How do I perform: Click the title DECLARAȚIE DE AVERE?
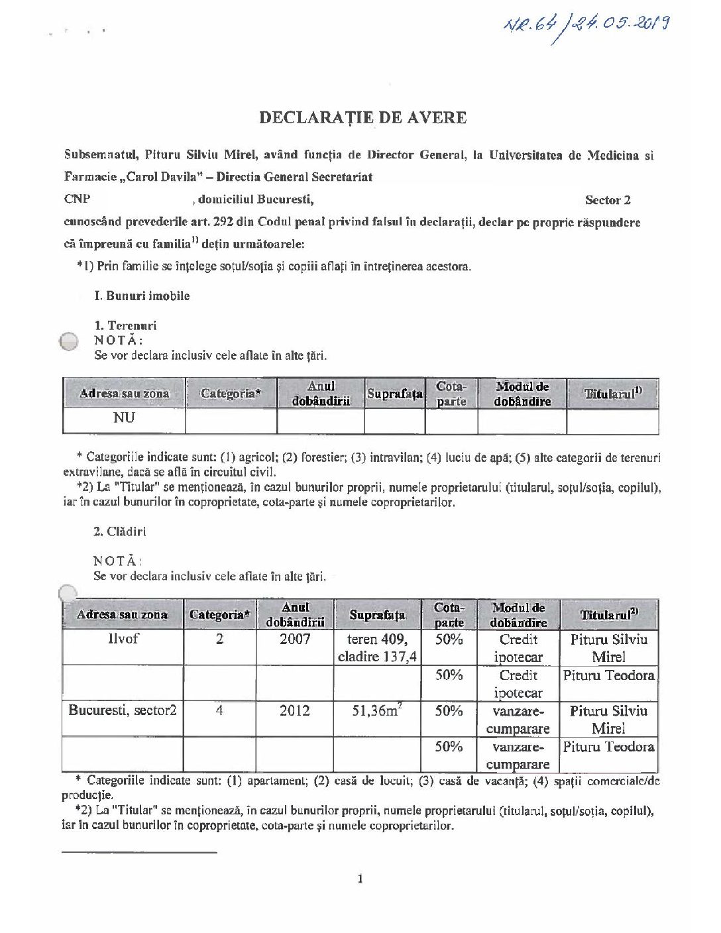[x=362, y=118]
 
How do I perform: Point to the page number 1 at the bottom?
[x=360, y=879]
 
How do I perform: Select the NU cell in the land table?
[x=124, y=418]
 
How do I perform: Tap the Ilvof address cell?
[x=123, y=639]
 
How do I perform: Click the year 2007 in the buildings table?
[x=295, y=639]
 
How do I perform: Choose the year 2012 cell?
[x=294, y=710]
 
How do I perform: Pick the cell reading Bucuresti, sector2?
[x=123, y=710]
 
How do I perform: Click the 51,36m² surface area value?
[x=377, y=710]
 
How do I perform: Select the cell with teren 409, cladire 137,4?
[x=377, y=647]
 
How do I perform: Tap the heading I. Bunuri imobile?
[x=142, y=296]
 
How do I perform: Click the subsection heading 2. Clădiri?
[x=120, y=531]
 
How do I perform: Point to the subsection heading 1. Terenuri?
[x=125, y=325]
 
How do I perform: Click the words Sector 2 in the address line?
[x=608, y=200]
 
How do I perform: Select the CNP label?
[x=77, y=199]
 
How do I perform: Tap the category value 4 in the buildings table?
[x=219, y=710]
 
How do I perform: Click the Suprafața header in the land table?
[x=394, y=394]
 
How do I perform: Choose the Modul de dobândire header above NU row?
[x=522, y=394]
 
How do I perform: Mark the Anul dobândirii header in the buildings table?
[x=295, y=615]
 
